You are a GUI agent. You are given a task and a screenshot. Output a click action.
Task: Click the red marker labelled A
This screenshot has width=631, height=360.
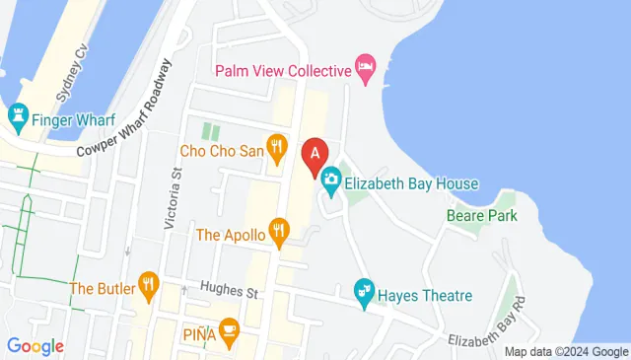(315, 156)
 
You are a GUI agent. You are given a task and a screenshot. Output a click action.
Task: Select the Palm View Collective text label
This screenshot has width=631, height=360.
(284, 70)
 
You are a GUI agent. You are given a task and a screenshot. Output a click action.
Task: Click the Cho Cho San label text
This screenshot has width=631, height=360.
(222, 152)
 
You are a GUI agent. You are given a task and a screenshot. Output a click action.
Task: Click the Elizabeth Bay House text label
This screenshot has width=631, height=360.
(411, 183)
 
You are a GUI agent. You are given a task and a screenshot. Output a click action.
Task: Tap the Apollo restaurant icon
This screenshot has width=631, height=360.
(280, 234)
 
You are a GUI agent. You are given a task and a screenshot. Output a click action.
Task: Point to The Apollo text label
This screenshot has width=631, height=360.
(231, 235)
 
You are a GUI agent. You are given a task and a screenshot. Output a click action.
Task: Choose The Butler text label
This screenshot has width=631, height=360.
(103, 288)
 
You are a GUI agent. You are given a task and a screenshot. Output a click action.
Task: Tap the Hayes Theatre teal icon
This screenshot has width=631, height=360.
(364, 294)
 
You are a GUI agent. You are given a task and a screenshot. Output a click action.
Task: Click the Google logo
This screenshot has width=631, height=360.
(35, 346)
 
